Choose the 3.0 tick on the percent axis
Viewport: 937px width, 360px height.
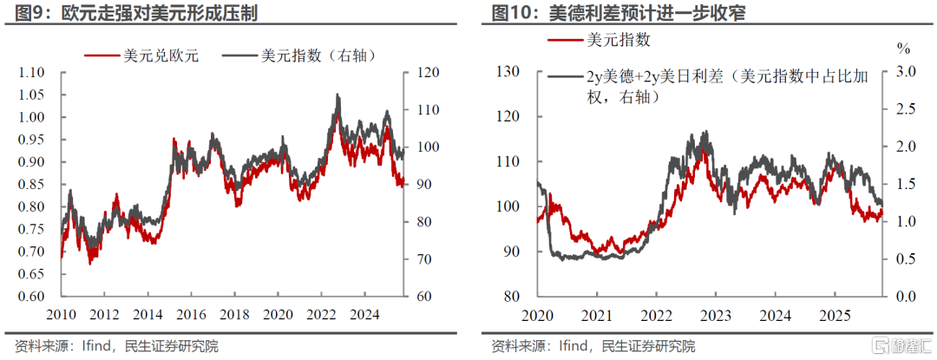click(x=905, y=72)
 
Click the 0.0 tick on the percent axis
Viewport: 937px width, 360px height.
click(x=905, y=297)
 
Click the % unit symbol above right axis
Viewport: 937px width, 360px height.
click(x=904, y=46)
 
